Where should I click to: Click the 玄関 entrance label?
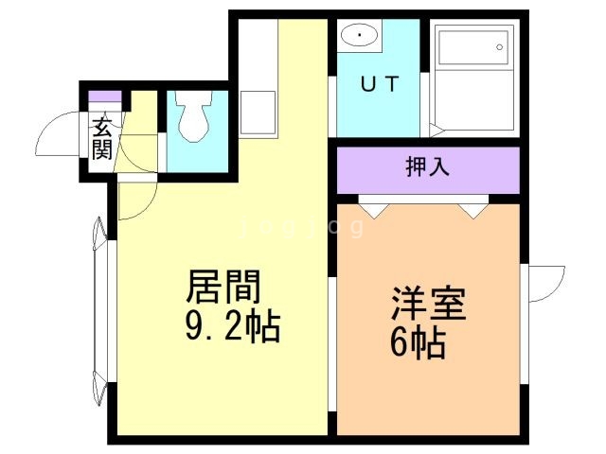[102, 137]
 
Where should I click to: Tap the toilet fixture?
[196, 119]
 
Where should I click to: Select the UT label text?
[378, 82]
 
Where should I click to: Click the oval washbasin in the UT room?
[359, 37]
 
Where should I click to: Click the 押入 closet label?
[427, 167]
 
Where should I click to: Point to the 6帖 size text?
[418, 343]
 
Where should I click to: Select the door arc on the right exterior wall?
[544, 284]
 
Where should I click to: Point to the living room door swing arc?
[134, 198]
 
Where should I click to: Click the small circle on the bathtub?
[499, 44]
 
